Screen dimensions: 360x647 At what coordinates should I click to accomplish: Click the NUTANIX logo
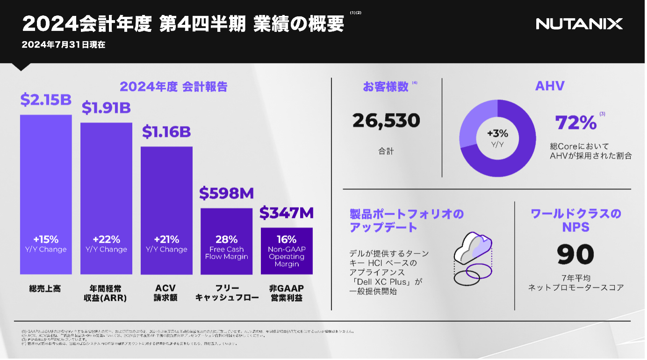click(579, 24)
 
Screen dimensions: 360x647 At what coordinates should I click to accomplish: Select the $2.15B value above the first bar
click(45, 100)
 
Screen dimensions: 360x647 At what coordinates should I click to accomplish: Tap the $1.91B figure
click(106, 108)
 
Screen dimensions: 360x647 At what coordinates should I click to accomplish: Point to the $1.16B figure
click(166, 132)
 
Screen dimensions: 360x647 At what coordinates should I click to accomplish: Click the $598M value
click(226, 193)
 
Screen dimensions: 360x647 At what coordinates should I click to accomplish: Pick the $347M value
click(286, 213)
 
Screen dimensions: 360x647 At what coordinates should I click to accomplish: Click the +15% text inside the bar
click(46, 240)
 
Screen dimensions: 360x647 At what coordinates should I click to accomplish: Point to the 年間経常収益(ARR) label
click(106, 293)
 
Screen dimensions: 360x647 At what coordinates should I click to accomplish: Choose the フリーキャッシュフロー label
click(227, 293)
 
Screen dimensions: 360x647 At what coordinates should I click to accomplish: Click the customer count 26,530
click(386, 121)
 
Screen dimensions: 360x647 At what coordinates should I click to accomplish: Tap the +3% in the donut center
click(497, 134)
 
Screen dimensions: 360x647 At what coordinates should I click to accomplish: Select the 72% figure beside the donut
click(575, 122)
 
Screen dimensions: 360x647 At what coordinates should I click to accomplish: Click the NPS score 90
click(575, 254)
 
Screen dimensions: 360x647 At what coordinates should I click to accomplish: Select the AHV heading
click(550, 86)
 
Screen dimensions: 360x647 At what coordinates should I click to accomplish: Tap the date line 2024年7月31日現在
click(64, 45)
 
